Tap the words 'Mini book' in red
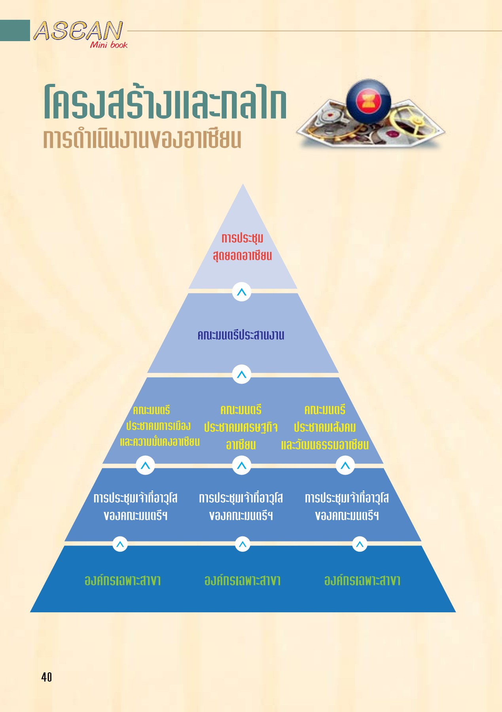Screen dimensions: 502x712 coord(109,45)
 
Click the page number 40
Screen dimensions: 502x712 coord(47,677)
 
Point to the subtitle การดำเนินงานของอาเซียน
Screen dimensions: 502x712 coord(142,139)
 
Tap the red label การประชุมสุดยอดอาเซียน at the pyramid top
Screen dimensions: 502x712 coord(242,247)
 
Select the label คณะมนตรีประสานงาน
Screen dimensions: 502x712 coord(241,335)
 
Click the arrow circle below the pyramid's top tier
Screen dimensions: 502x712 coord(242,292)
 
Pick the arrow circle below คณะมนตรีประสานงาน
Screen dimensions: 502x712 coord(242,374)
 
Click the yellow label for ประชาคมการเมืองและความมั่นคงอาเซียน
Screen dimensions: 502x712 coord(159,426)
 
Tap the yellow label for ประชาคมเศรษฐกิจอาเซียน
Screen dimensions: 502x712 coord(241,428)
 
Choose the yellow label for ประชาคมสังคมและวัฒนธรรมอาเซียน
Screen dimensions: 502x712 coord(325,428)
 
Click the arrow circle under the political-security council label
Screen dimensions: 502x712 coord(145,465)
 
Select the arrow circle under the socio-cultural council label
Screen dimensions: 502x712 coord(345,465)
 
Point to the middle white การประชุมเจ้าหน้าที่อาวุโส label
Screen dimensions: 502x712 coord(241,507)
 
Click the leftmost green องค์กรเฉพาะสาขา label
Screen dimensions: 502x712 coord(123,580)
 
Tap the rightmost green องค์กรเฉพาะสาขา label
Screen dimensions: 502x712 coord(362,580)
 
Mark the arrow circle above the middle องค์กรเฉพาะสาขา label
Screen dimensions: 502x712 coord(242,544)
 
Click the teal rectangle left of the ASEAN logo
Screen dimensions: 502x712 coord(15,30)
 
